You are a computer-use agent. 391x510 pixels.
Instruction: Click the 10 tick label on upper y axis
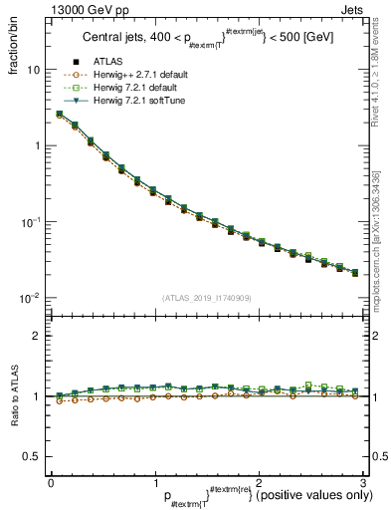click(x=34, y=71)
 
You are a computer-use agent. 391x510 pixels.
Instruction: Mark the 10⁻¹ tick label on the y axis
click(x=32, y=222)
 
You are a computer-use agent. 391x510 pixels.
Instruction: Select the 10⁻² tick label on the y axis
click(x=32, y=298)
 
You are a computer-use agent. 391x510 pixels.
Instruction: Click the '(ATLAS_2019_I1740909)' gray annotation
click(x=206, y=298)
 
